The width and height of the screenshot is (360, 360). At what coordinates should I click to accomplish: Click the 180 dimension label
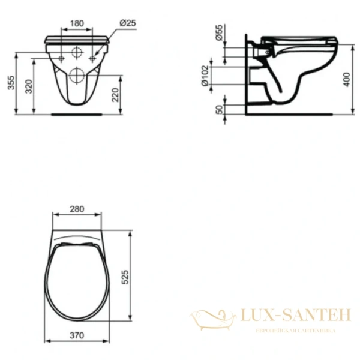pos(76,23)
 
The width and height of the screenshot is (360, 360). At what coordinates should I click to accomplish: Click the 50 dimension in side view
pos(220,109)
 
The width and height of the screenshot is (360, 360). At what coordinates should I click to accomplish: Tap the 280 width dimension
pos(76,209)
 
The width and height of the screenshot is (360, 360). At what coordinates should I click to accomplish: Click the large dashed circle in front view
pos(77,74)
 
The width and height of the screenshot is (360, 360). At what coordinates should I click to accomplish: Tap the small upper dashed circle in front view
pos(77,52)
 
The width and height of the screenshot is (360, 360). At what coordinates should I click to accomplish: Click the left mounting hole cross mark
pos(62,58)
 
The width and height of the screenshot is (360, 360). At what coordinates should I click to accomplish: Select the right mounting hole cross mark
pos(92,58)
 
